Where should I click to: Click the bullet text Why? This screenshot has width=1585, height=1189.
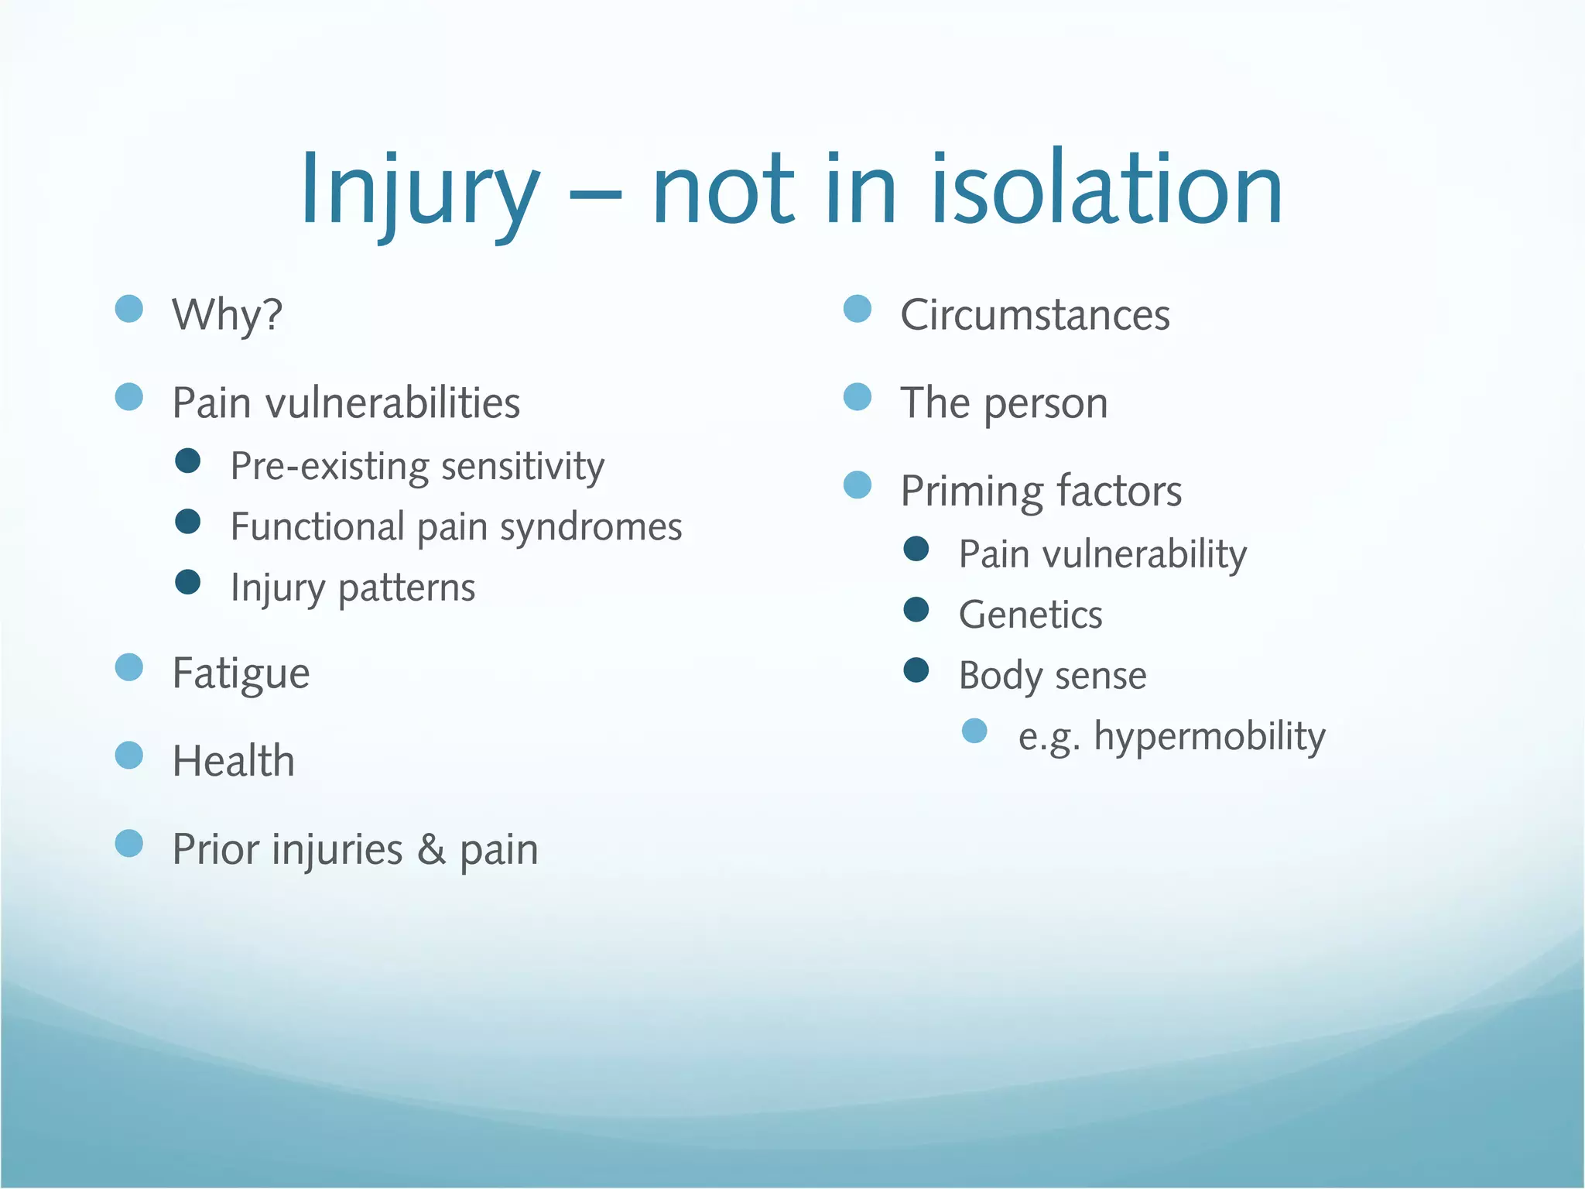tap(227, 315)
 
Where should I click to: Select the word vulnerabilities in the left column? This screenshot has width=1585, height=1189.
tap(393, 403)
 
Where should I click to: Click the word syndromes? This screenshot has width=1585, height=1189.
tap(591, 528)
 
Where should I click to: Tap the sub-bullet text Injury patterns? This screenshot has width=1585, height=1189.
tap(353, 588)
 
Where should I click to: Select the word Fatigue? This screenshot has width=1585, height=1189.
tap(241, 673)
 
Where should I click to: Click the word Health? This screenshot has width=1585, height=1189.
tap(233, 761)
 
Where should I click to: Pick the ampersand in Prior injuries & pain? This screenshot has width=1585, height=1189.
tap(431, 849)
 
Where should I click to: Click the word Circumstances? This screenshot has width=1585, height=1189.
tap(1035, 315)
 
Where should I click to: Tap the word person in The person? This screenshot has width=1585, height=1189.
tap(1046, 404)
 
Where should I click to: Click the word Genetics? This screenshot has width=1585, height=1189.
tap(1030, 615)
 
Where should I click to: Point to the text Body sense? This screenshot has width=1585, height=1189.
tap(1053, 676)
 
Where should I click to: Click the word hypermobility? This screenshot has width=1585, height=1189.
tap(1210, 736)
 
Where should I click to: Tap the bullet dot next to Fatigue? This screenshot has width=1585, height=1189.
tap(129, 667)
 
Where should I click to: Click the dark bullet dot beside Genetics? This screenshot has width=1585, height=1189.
tap(916, 610)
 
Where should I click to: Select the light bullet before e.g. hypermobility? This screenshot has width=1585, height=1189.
tap(974, 731)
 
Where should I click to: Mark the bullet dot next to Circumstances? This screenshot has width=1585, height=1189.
tap(858, 309)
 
